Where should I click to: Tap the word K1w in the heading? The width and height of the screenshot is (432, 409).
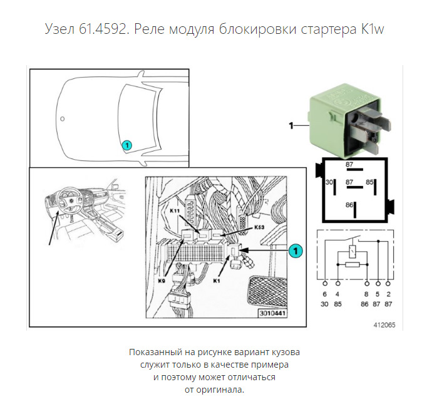(373, 29)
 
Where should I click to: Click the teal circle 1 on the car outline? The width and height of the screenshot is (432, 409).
(126, 145)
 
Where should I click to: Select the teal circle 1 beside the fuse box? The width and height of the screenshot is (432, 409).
(296, 251)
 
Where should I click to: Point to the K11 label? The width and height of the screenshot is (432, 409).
(175, 211)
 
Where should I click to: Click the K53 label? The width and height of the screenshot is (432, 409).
(259, 227)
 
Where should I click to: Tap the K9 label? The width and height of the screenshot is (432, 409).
(162, 281)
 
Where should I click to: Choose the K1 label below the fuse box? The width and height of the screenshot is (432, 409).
(217, 281)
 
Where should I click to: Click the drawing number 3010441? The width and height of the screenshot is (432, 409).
(272, 313)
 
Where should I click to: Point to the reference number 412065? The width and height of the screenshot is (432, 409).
(384, 325)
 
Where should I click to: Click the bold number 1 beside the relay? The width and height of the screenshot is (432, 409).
(291, 126)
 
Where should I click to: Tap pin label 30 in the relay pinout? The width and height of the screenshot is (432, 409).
(329, 182)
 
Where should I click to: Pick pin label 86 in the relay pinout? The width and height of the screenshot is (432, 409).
(349, 205)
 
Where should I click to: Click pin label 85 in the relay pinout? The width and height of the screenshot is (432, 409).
(369, 182)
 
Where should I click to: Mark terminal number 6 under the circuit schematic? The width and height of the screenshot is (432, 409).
(324, 294)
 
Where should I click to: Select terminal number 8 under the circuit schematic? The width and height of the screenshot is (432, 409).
(366, 294)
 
